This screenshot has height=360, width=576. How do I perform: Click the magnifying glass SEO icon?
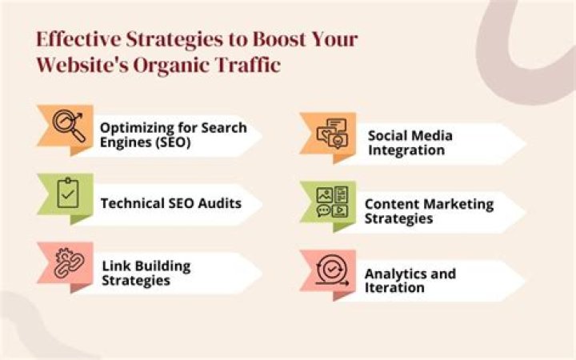69,126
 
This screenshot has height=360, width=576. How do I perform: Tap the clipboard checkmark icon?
68,193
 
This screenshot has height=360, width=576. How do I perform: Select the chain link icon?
69,263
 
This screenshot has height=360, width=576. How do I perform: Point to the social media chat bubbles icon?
332,133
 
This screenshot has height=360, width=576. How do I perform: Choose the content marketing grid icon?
332,202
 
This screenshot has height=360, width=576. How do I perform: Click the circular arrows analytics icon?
332,270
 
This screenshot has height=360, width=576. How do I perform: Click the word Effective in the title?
78,39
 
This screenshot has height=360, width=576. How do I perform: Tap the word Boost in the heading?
279,39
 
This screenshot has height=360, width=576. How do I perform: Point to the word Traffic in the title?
248,65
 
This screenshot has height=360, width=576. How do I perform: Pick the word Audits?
220,203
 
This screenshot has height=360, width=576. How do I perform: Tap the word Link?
114,266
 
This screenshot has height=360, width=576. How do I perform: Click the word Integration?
406,150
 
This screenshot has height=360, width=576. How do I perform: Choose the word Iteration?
394,287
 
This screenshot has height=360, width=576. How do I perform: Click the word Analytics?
392,274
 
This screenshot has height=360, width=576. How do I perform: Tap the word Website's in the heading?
82,66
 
